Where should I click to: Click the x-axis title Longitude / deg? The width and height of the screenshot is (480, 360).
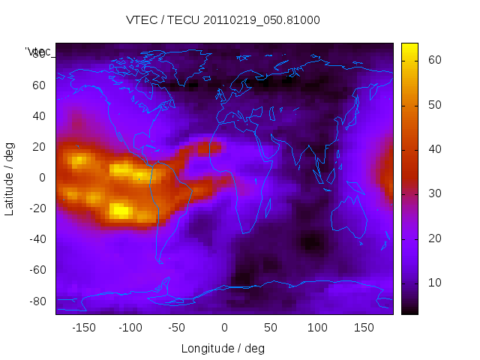pos(223,348)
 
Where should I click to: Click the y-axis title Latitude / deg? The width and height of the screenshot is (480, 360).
pos(10,177)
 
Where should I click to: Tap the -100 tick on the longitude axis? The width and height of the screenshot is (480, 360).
pos(130,328)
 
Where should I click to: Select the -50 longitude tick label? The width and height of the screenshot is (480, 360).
pos(177,328)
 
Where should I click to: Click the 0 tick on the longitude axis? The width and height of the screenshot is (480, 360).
pos(223,328)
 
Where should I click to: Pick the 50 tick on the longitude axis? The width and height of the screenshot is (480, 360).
pos(271,328)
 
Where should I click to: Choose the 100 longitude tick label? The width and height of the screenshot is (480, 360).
pos(317,328)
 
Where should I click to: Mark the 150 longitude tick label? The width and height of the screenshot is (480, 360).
pos(364,328)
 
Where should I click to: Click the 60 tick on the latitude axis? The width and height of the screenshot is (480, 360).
pos(39,85)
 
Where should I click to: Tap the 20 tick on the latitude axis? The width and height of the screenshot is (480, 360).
pos(39,146)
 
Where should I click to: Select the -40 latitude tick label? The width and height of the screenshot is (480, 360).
pos(37,239)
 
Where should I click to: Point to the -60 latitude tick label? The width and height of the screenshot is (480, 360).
pos(37,270)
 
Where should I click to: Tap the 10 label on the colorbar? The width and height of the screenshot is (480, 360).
pos(434,282)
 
